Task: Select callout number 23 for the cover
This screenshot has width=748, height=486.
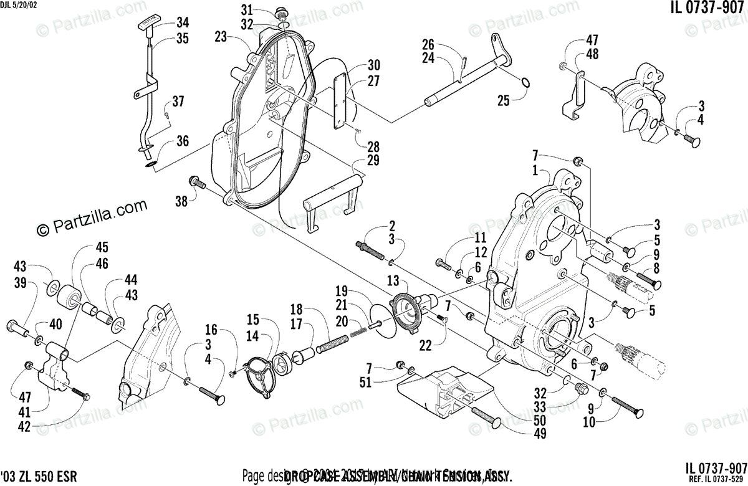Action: pos(220,37)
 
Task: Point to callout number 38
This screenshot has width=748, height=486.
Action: pos(181,201)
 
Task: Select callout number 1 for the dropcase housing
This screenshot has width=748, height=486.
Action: pos(534,169)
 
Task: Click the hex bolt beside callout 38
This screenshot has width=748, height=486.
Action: pos(196,183)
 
